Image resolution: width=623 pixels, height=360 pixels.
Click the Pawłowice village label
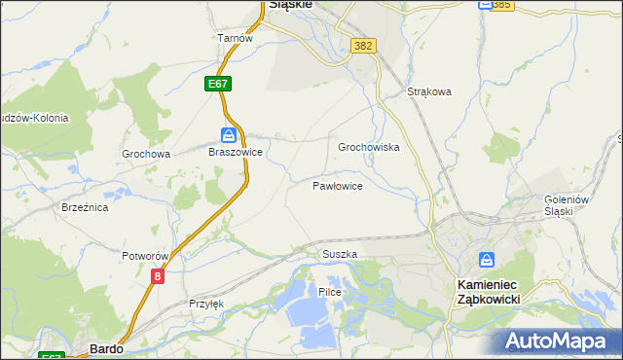(338, 185)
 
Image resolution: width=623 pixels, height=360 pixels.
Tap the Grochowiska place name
(369, 147)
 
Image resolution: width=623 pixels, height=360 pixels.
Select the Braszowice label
(235, 153)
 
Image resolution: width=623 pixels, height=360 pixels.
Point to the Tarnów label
(235, 39)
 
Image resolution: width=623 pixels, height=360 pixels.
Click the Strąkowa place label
(429, 92)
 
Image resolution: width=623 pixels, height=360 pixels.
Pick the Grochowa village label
(146, 154)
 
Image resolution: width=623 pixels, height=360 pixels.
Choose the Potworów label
(146, 256)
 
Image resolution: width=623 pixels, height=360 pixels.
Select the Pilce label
(329, 292)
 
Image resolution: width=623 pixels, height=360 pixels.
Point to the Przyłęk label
(206, 304)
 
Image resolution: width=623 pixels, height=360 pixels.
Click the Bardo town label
(104, 347)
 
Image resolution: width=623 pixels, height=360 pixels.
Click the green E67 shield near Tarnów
(218, 85)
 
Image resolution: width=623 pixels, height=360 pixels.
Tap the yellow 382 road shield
(364, 46)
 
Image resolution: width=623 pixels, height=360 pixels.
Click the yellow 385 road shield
(501, 5)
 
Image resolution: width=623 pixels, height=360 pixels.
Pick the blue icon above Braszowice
(228, 134)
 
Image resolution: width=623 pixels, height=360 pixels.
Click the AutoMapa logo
(559, 341)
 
